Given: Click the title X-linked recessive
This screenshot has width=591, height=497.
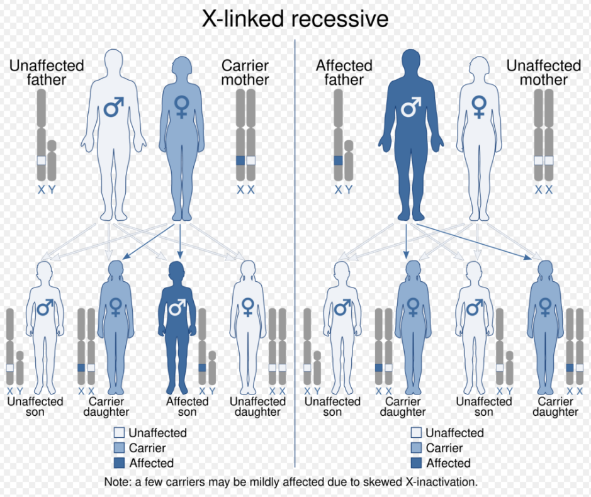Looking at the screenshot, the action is [295, 19].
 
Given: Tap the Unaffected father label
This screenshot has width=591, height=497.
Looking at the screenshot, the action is [47, 73].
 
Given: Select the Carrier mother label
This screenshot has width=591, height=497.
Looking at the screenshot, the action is [245, 73].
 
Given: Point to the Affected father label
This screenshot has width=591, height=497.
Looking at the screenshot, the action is [344, 73].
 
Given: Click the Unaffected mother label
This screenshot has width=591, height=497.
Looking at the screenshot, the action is [544, 73].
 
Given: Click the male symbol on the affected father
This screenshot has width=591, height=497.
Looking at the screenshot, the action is [411, 107].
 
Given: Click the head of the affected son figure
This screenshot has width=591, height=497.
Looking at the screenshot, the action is [177, 272].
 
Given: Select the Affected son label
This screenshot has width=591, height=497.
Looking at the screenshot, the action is [188, 406].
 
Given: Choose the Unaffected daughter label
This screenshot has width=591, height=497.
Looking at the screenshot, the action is [258, 406].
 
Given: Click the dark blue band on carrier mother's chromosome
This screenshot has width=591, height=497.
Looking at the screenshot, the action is [240, 160].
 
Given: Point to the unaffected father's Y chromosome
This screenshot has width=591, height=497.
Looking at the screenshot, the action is [52, 160].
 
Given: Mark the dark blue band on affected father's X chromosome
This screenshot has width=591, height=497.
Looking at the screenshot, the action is [339, 160].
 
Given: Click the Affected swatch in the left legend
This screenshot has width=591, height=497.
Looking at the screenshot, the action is [119, 462].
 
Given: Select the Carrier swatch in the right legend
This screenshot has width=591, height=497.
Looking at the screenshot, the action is [416, 448].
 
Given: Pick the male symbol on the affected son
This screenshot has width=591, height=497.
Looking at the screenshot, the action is [177, 307].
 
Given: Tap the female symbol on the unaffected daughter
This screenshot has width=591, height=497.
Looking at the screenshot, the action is [247, 308].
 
